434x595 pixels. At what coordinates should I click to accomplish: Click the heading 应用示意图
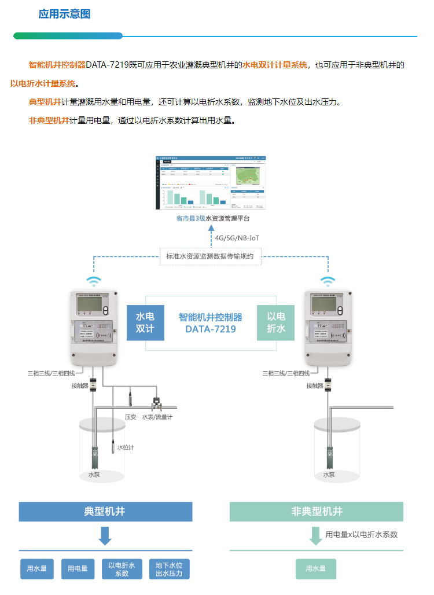pyautogui.click(x=64, y=14)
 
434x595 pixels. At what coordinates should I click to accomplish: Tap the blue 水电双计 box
pyautogui.click(x=145, y=323)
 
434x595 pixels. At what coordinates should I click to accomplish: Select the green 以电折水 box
pyautogui.click(x=275, y=323)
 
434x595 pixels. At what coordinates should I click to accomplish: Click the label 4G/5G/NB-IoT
pyautogui.click(x=237, y=237)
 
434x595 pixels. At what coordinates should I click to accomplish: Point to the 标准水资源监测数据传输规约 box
pyautogui.click(x=210, y=256)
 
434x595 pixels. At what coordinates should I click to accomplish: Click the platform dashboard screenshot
pyautogui.click(x=212, y=182)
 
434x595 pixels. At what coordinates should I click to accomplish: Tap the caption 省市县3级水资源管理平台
pyautogui.click(x=214, y=219)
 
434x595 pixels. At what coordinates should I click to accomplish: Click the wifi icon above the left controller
pyautogui.click(x=94, y=282)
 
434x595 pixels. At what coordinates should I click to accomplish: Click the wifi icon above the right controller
pyautogui.click(x=328, y=282)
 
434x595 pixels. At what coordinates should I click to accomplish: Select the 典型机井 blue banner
pyautogui.click(x=105, y=512)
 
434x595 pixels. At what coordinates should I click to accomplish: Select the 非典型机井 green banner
pyautogui.click(x=316, y=512)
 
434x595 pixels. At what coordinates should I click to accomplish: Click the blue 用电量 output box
pyautogui.click(x=78, y=569)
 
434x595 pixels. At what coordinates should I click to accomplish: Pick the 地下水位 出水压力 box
pyautogui.click(x=169, y=569)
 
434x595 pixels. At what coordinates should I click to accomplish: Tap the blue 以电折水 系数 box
pyautogui.click(x=122, y=569)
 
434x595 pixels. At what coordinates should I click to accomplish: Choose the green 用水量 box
pyautogui.click(x=316, y=569)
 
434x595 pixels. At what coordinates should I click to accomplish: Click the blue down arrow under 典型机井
pyautogui.click(x=105, y=536)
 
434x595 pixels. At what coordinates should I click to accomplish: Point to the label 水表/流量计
pyautogui.click(x=157, y=417)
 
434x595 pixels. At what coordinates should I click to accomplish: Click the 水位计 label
pyautogui.click(x=126, y=447)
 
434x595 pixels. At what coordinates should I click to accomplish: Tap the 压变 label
pyautogui.click(x=131, y=417)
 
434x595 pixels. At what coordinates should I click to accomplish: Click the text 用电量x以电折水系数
pyautogui.click(x=362, y=535)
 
